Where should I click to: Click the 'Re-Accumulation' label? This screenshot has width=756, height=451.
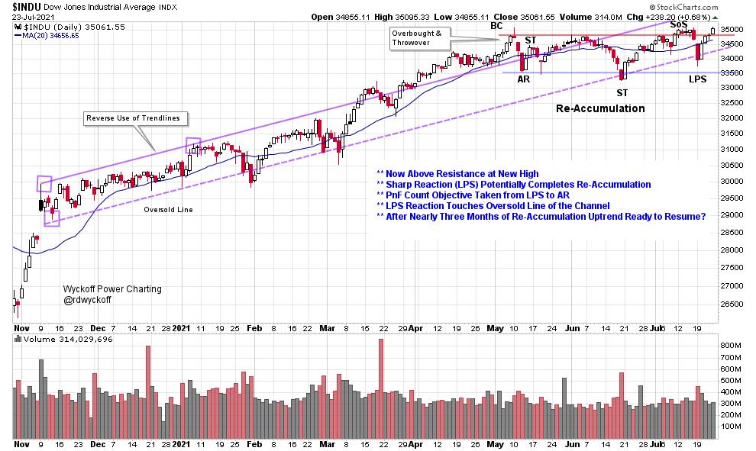click(x=599, y=109)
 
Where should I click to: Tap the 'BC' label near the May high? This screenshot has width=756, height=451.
click(x=497, y=26)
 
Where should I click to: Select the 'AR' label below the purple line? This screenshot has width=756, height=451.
click(x=524, y=79)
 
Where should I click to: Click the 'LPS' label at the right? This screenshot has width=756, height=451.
click(x=697, y=79)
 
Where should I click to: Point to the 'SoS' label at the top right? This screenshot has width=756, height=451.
click(x=679, y=24)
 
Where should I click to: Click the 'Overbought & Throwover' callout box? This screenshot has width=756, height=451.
click(x=419, y=38)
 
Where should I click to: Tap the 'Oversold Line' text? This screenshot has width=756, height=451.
click(x=168, y=209)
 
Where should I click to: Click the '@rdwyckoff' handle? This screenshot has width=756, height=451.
click(x=89, y=301)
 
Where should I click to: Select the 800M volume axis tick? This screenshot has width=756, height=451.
click(x=730, y=345)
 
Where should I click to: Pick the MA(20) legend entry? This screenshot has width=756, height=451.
click(x=49, y=35)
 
